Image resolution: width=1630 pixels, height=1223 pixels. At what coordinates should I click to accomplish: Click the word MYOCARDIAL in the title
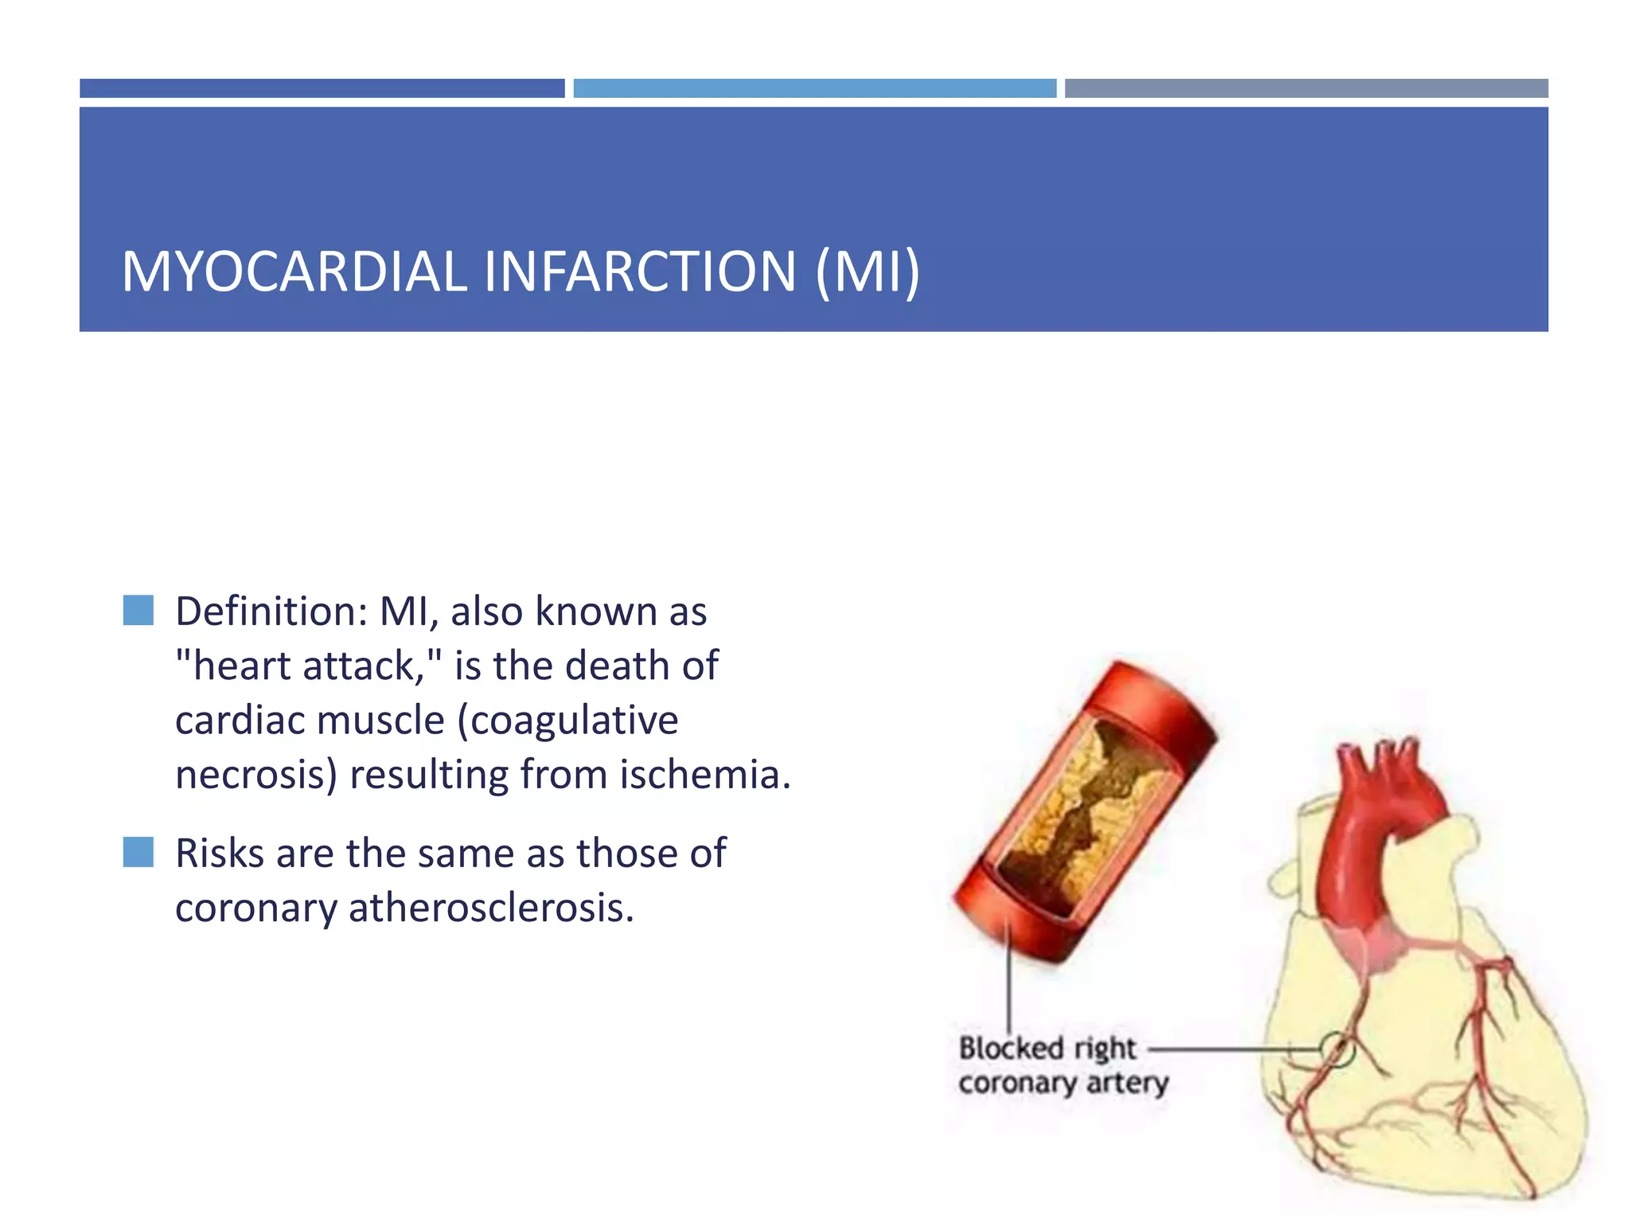(x=294, y=272)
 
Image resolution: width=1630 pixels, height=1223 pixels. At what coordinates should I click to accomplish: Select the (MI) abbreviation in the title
(x=868, y=272)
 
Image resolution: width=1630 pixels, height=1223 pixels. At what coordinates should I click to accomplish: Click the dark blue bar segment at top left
(x=322, y=88)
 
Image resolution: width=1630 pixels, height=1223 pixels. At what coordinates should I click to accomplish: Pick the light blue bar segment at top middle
(x=814, y=88)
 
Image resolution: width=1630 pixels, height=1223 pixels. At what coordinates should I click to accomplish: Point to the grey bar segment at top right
(x=1306, y=88)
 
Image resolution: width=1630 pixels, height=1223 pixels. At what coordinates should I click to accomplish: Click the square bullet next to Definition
(x=138, y=611)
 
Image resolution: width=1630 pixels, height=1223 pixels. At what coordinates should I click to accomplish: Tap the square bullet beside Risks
(x=138, y=852)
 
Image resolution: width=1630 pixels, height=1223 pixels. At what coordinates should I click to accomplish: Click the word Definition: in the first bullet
(x=271, y=611)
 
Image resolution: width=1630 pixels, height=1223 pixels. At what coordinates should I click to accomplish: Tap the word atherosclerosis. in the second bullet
(x=491, y=908)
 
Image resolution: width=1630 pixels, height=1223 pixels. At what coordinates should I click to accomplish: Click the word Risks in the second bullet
(x=220, y=854)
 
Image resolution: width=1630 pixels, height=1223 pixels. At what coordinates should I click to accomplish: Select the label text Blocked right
(x=1047, y=1049)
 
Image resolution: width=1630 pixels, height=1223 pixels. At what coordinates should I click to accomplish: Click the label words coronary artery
(x=1063, y=1084)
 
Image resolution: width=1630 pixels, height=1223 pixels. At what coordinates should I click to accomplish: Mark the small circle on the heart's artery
(x=1338, y=1049)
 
